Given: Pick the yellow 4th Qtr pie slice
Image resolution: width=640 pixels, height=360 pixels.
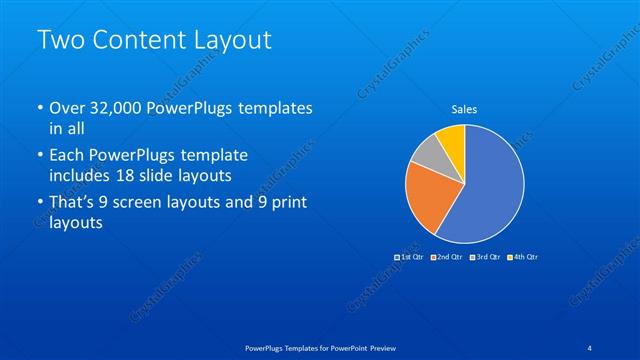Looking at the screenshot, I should [452, 140].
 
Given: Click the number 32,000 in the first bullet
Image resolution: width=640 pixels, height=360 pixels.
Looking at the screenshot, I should [115, 107].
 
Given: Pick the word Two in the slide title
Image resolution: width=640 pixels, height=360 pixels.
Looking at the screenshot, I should [59, 41].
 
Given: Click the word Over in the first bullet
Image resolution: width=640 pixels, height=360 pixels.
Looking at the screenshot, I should [67, 107].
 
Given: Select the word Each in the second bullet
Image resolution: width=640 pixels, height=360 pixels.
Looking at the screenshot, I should [67, 156].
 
